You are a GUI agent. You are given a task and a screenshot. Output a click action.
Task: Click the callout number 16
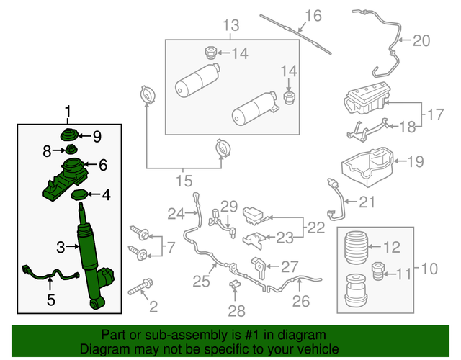[x=313, y=16]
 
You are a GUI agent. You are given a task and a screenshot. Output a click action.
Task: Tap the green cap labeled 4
[x=81, y=195]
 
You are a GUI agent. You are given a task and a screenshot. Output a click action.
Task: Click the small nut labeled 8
[x=71, y=150]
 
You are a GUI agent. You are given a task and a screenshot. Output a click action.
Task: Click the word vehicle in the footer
[x=305, y=348]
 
